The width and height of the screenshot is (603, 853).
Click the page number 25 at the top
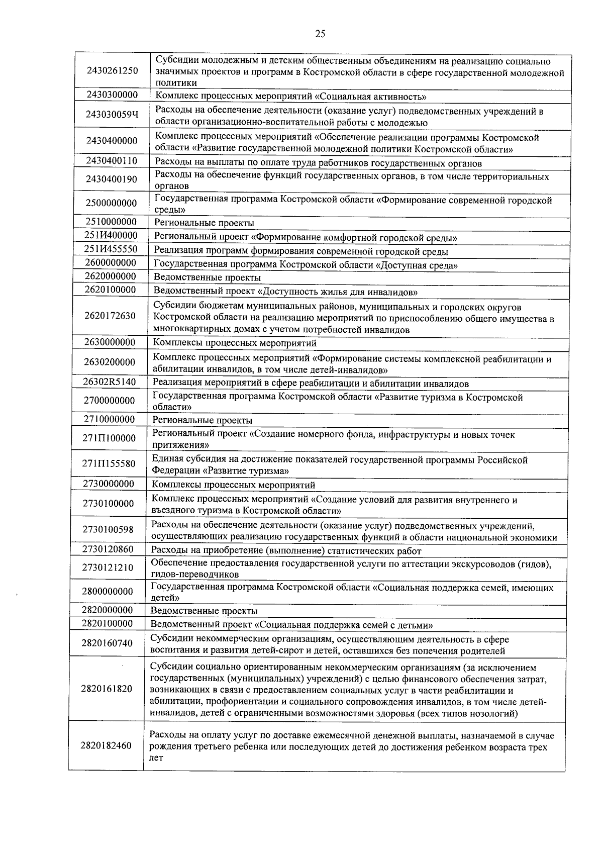(320, 34)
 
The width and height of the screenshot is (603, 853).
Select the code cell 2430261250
(112, 71)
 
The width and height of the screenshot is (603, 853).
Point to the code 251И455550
(111, 249)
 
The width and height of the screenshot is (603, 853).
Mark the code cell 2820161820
(107, 689)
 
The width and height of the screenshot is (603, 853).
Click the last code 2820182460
(106, 745)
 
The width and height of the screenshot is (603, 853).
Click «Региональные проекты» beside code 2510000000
(204, 223)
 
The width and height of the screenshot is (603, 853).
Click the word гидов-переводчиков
(194, 574)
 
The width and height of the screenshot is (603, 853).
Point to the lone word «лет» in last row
(156, 758)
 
